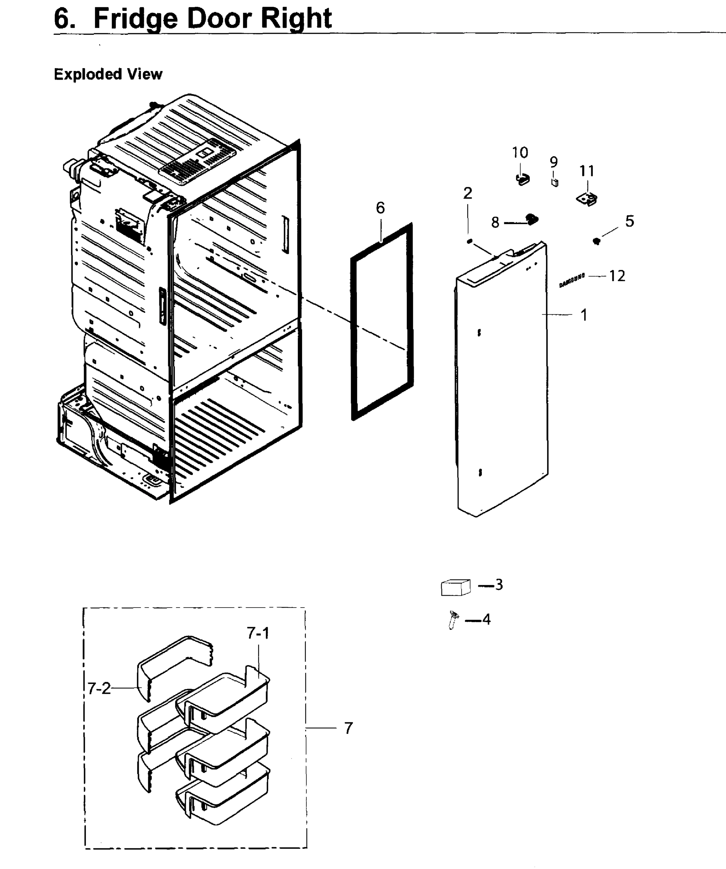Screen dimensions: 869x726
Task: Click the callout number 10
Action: [520, 153]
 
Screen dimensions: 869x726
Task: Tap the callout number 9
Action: [554, 162]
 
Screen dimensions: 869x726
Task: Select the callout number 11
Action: [587, 171]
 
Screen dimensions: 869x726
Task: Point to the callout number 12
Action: [617, 276]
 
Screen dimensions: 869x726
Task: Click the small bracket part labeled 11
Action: [587, 199]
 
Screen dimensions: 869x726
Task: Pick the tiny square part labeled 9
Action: [555, 182]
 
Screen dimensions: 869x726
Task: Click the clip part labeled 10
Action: [523, 179]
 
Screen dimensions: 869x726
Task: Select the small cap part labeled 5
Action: [596, 241]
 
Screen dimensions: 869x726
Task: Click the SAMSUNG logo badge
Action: [572, 280]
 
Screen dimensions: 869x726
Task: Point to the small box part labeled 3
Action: [456, 587]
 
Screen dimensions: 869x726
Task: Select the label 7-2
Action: [99, 689]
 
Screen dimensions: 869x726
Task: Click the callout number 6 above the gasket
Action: [380, 208]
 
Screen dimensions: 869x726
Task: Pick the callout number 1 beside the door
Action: [584, 315]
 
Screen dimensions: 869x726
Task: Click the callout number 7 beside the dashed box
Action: [349, 728]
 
